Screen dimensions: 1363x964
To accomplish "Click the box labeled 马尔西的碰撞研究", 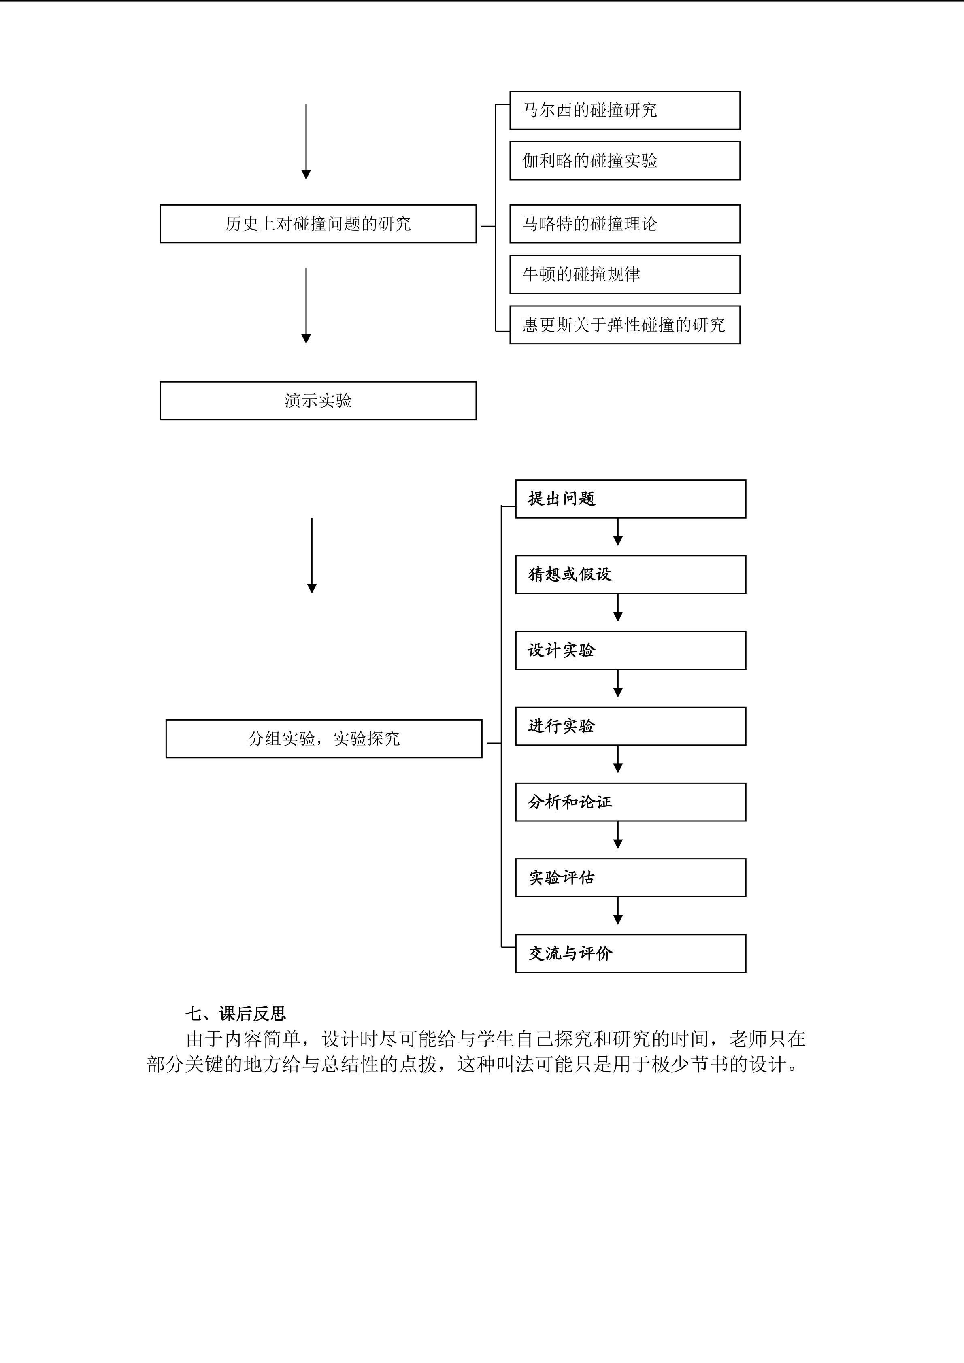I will [624, 111].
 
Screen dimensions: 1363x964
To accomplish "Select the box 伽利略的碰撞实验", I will [624, 161].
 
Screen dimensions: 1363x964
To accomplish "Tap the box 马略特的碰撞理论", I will [624, 224].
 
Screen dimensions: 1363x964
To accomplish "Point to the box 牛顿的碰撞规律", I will [624, 274].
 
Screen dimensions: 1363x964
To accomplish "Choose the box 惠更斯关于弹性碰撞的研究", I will [624, 325].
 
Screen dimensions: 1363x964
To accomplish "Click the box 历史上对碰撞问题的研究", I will [317, 224].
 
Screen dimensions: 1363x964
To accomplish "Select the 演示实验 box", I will [317, 401].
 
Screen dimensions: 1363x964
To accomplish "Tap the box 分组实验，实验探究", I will [323, 738].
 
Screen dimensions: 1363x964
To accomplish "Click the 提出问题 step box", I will [630, 499].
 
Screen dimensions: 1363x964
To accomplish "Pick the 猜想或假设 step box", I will [630, 575].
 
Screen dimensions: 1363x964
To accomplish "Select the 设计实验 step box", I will [630, 651].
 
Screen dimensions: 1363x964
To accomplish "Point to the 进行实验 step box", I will [630, 726].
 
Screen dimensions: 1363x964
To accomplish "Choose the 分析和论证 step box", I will [630, 802].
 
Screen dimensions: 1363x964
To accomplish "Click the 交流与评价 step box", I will [630, 953].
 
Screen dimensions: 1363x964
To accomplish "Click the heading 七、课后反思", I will [236, 1013].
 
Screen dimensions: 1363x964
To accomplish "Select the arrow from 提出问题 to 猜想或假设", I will [618, 532].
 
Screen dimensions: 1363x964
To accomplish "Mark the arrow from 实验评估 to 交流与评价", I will [618, 911].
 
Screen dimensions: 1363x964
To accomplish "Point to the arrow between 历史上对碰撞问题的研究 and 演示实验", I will [306, 306].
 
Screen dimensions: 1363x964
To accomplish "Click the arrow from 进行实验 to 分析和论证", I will [618, 760].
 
